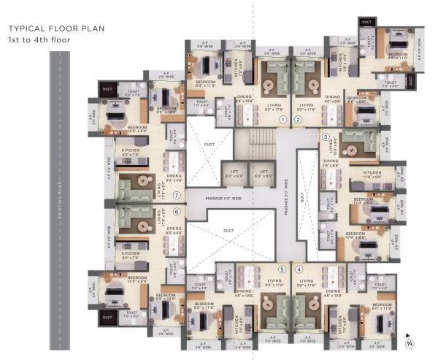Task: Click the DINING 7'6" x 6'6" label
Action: pyautogui.click(x=331, y=163)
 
